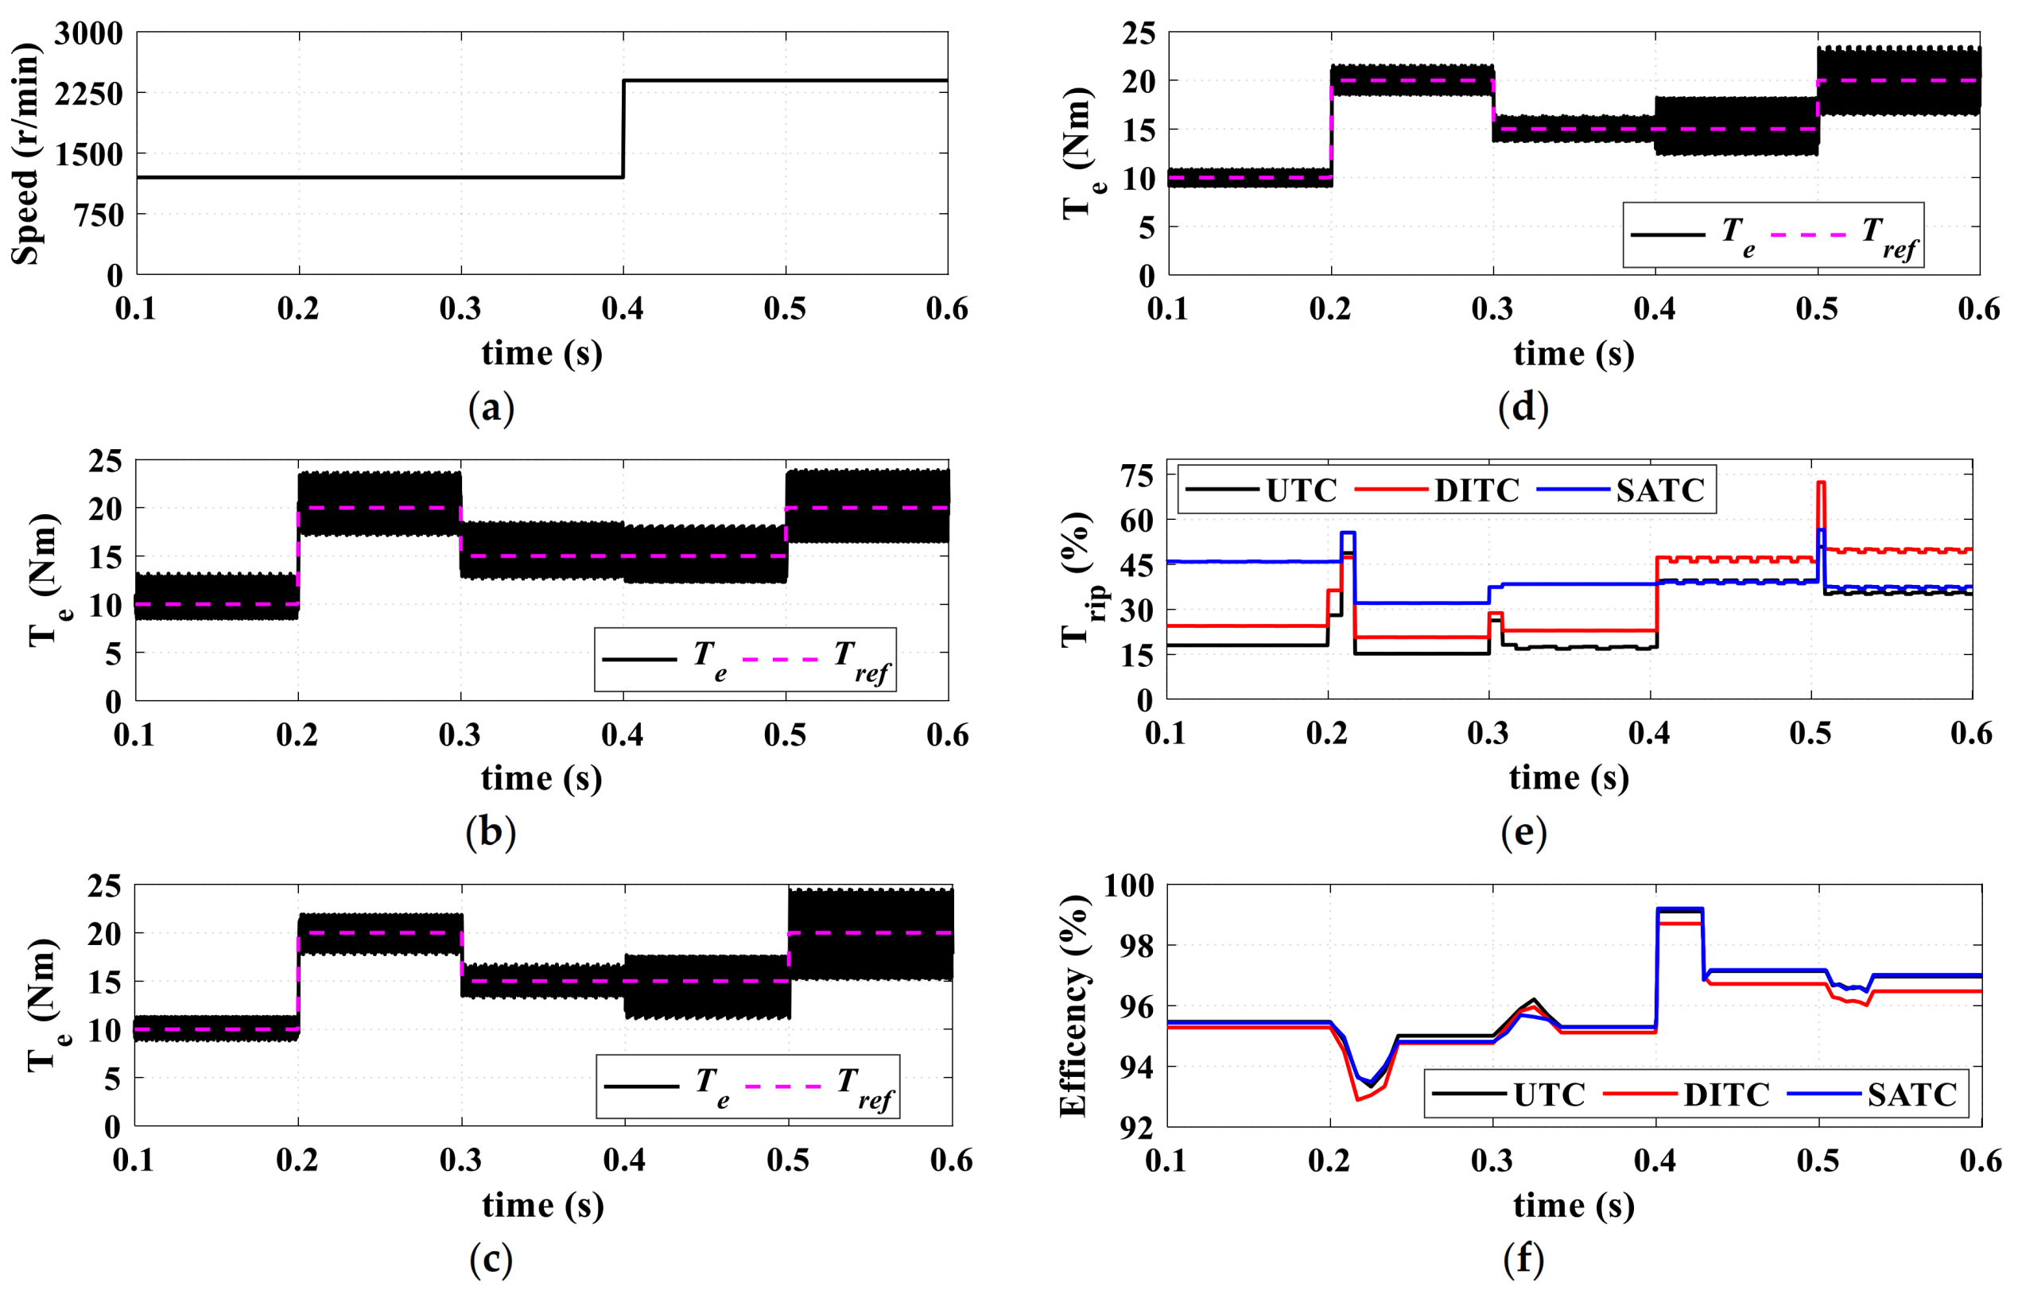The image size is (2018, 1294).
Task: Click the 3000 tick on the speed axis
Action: point(88,33)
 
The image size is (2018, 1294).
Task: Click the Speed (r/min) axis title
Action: point(25,153)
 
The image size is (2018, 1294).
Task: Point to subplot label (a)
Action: point(491,409)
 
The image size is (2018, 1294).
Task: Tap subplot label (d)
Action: point(1523,408)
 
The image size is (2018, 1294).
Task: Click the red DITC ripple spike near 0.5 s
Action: point(1821,485)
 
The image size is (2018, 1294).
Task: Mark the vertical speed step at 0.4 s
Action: point(623,129)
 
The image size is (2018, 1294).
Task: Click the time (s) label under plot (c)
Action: point(543,1206)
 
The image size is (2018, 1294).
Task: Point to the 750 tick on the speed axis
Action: point(99,215)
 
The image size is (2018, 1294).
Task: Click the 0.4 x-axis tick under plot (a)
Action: point(623,309)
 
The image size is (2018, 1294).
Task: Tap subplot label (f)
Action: point(1523,1259)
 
